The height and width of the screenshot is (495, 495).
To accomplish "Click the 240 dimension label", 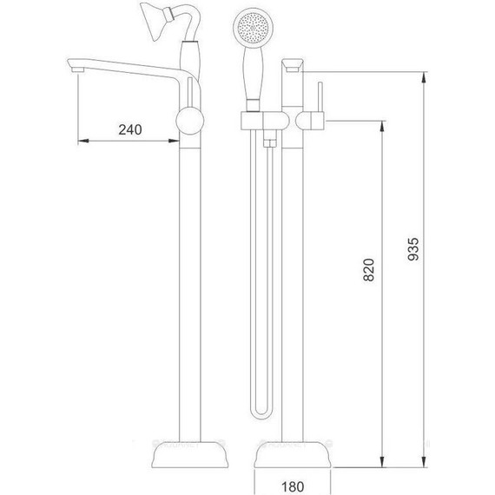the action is pyautogui.click(x=130, y=129).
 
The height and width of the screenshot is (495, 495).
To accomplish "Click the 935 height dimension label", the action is pyautogui.click(x=413, y=249).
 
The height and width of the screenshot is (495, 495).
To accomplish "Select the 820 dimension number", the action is pyautogui.click(x=369, y=269).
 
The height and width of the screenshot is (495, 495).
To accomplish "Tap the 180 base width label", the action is pyautogui.click(x=293, y=486).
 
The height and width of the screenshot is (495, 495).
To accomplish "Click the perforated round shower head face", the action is pyautogui.click(x=253, y=28).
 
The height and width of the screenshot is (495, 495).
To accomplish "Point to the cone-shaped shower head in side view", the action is pyautogui.click(x=155, y=21).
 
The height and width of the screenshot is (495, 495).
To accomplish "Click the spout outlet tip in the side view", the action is pyautogui.click(x=77, y=69).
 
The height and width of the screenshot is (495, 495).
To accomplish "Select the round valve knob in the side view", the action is pyautogui.click(x=189, y=121).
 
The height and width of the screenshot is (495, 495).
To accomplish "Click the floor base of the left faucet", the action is pyautogui.click(x=190, y=454).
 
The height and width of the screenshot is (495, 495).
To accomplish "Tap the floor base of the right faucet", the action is pyautogui.click(x=293, y=454).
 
